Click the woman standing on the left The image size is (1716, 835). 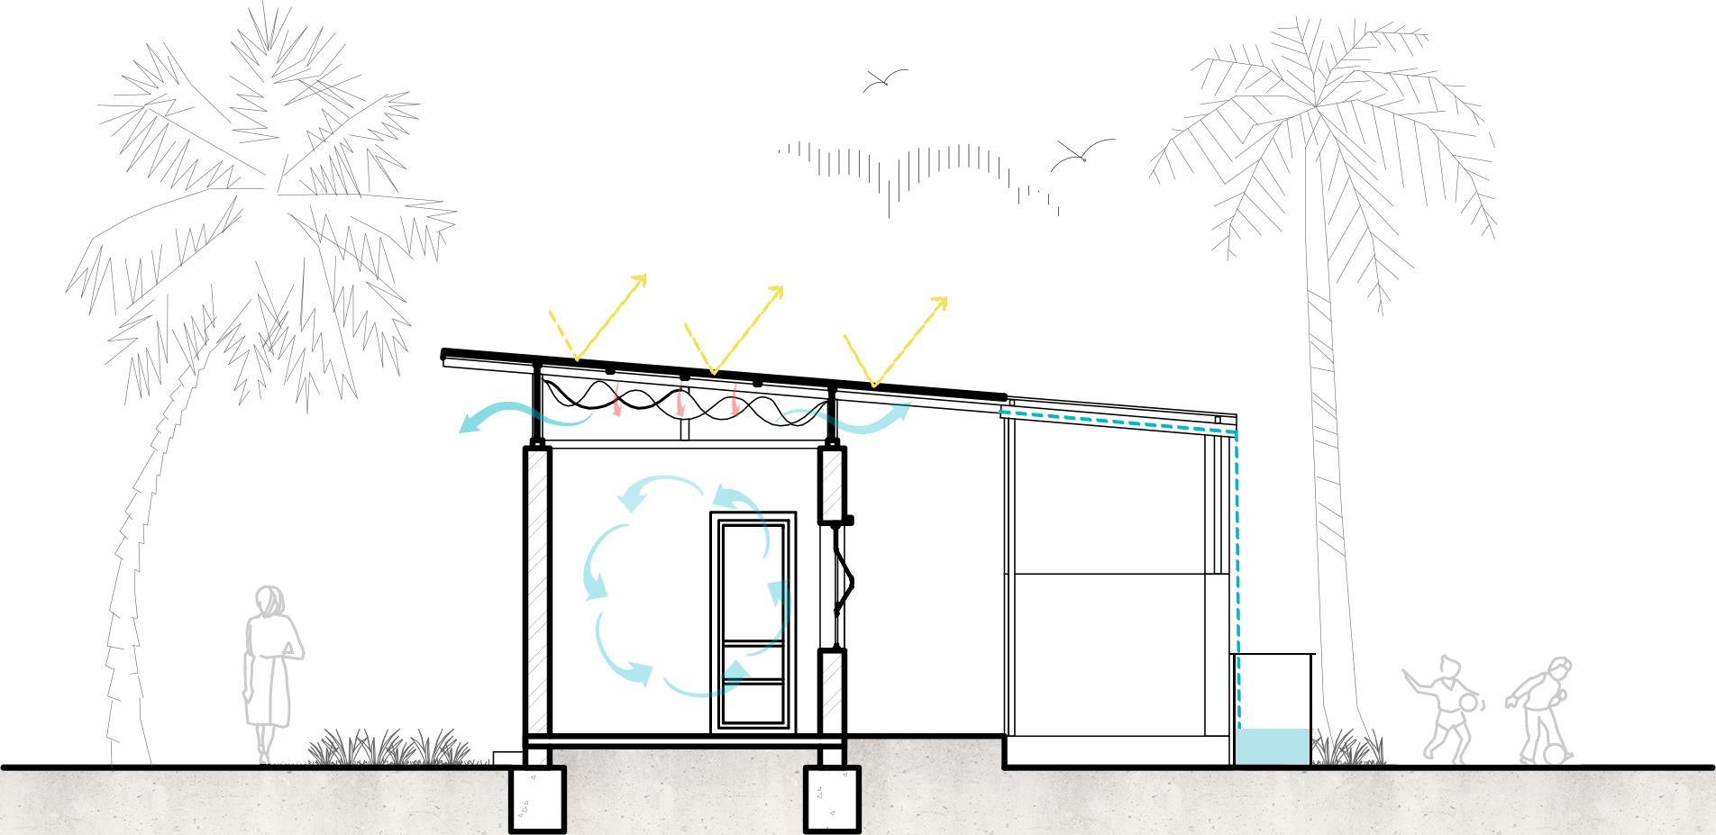pyautogui.click(x=270, y=667)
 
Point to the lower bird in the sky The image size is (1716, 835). pyautogui.click(x=1082, y=155)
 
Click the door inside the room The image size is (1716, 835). pyautogui.click(x=753, y=622)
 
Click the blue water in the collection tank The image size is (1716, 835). pyautogui.click(x=1271, y=747)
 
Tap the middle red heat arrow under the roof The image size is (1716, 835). pyautogui.click(x=680, y=404)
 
